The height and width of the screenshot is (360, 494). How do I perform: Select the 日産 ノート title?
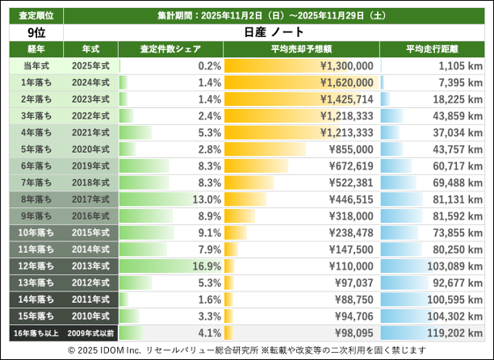tap(275, 32)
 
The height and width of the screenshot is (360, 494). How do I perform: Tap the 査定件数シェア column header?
tap(170, 49)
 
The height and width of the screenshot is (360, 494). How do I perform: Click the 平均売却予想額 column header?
tap(301, 49)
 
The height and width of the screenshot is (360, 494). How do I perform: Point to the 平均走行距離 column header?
tap(433, 49)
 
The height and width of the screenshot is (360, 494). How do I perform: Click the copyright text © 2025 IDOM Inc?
tap(105, 350)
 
